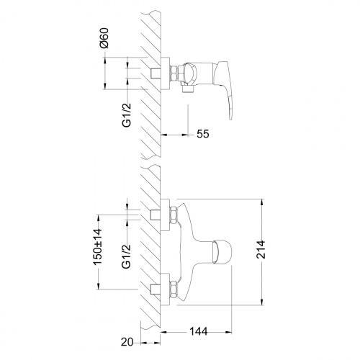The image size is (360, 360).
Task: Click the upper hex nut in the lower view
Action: pos(174,215)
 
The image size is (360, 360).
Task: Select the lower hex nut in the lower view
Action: pos(174,289)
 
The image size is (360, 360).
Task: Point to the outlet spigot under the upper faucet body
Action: pos(189,90)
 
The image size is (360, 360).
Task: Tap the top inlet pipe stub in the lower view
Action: pos(156,215)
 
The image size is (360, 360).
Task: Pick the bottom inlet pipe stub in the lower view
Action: pos(156,289)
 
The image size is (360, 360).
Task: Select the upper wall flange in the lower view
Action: pos(165,215)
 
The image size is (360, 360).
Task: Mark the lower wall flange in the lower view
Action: pos(165,289)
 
